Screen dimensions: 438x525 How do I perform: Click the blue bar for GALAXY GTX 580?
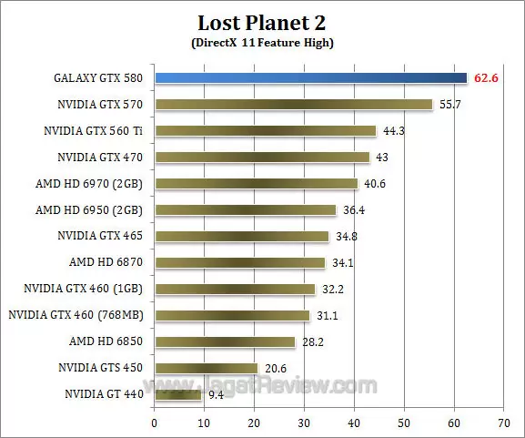point(309,78)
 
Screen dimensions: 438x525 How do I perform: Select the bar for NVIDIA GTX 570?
point(293,105)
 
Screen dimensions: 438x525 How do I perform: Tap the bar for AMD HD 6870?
point(239,263)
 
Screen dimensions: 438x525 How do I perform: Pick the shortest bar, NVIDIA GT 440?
point(177,394)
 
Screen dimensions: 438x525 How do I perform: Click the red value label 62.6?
point(487,78)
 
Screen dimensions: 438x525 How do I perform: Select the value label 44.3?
point(393,131)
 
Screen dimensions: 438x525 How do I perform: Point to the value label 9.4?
point(217,395)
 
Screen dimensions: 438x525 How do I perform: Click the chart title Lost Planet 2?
point(262,22)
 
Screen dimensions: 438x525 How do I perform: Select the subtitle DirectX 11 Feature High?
point(262,42)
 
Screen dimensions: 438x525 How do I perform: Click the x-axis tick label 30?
point(304,423)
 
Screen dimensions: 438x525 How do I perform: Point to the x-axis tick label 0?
point(155,423)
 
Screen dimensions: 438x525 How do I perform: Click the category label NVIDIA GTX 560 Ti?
point(95,131)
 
